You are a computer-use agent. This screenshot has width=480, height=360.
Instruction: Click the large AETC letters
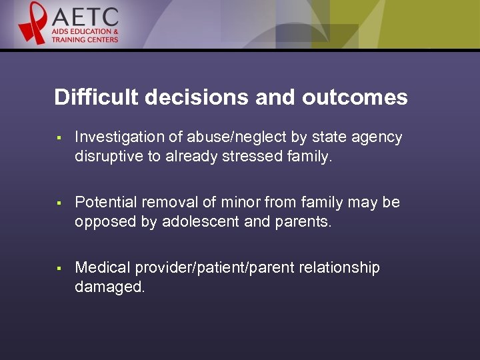85,17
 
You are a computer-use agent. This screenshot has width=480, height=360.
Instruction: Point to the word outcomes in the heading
355,97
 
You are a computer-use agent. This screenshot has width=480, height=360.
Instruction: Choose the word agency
378,137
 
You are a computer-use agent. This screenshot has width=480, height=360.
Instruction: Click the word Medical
103,268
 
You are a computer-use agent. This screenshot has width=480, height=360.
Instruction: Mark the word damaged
109,287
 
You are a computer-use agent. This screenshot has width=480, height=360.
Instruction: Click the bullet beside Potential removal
59,203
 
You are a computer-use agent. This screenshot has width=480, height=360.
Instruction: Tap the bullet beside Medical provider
59,269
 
